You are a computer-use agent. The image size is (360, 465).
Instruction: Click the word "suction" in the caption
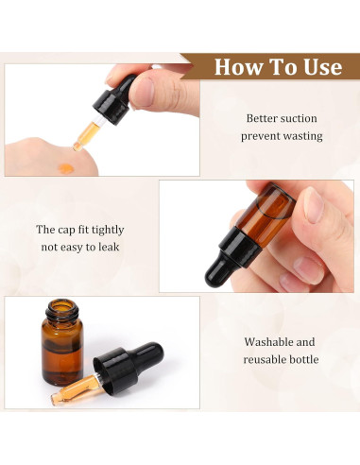click(298, 118)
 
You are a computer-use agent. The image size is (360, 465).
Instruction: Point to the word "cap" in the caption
click(69, 230)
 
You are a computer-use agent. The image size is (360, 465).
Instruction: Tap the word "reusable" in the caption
click(265, 359)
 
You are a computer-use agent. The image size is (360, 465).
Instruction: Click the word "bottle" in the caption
click(303, 359)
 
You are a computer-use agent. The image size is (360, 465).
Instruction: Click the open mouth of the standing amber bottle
click(60, 307)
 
